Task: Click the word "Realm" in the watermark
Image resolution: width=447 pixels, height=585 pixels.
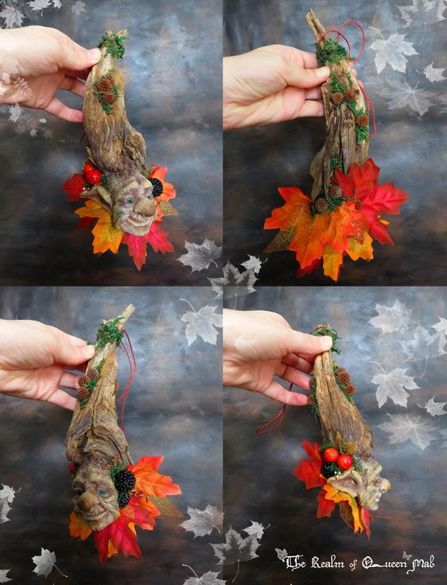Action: coord(328,562)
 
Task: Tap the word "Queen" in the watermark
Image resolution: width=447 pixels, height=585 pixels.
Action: coord(385,562)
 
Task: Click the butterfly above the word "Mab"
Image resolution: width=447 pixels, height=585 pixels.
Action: coord(407,555)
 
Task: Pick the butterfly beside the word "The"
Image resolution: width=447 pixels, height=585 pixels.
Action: coord(280,554)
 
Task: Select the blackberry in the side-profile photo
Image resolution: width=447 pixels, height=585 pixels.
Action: coord(329,470)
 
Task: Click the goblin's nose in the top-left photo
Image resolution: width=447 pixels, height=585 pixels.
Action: coord(147,207)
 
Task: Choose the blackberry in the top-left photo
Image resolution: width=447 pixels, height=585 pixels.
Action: coord(156,187)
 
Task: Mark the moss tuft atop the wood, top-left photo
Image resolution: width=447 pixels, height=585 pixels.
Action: coord(113,44)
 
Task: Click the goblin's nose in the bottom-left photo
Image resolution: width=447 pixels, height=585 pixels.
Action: coord(86,505)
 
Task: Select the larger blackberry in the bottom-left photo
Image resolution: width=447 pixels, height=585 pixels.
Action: coord(124,481)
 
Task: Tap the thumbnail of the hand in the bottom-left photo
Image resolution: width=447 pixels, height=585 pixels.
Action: coord(88,350)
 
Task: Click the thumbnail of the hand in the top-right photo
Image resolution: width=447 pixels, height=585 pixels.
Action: coord(322,71)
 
